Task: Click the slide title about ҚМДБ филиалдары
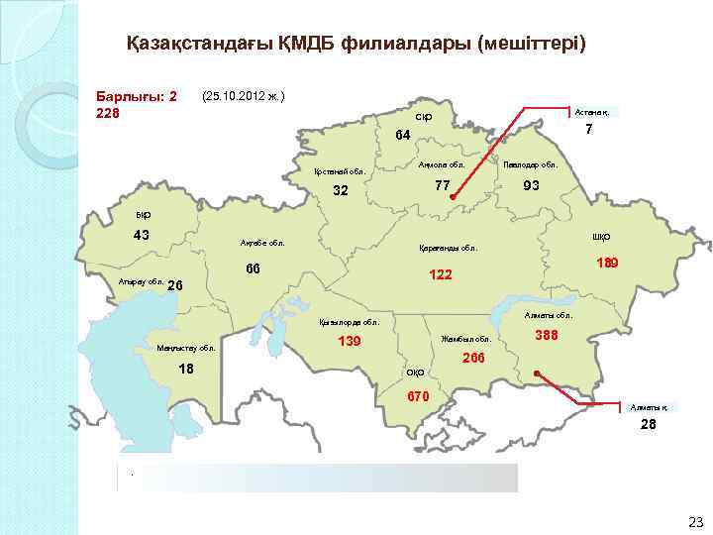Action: tap(356, 45)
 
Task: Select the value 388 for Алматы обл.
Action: tap(547, 337)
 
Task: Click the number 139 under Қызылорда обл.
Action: tap(350, 342)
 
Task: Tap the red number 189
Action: tap(608, 263)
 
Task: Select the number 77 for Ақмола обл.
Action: tap(443, 185)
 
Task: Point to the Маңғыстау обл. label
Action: tap(185, 348)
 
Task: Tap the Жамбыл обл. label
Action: tap(465, 339)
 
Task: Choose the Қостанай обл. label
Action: tap(340, 171)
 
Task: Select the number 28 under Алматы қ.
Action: tap(648, 424)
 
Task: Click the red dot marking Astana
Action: tap(452, 198)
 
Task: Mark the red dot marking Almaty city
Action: tap(536, 374)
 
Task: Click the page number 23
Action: tap(694, 522)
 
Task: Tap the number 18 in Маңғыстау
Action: tap(185, 369)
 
